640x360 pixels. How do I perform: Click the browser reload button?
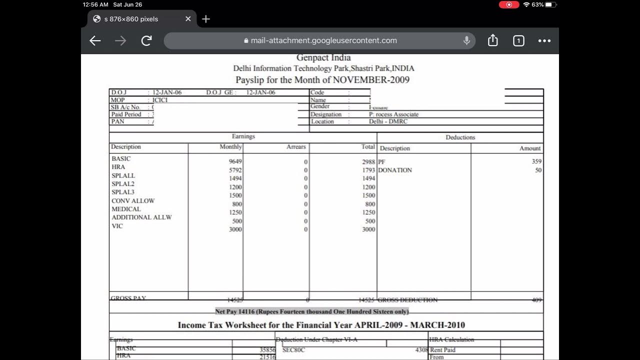coord(146,40)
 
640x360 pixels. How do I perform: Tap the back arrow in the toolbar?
coord(95,40)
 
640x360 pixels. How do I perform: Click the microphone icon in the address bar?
coord(466,40)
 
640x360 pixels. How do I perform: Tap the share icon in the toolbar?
coord(492,40)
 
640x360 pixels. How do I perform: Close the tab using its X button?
coord(188,19)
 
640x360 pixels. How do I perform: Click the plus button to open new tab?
coord(206,19)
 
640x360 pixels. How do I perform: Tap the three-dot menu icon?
coord(544,40)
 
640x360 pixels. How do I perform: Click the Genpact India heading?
coord(323,58)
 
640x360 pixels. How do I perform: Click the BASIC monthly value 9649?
coord(235,162)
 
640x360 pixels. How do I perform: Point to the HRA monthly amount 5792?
coord(235,170)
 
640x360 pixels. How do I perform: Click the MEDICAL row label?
coord(126,209)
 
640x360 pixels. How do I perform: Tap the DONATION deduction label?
coord(395,170)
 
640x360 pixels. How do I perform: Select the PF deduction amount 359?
coord(536,162)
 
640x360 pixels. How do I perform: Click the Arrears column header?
coord(296,147)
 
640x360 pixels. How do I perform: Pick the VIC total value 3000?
coord(368,229)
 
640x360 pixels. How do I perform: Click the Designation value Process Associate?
coord(393,114)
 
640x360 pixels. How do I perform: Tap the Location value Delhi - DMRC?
coord(388,121)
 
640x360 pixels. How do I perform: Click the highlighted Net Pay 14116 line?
coord(312,311)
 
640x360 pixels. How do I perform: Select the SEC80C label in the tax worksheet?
coord(293,350)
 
